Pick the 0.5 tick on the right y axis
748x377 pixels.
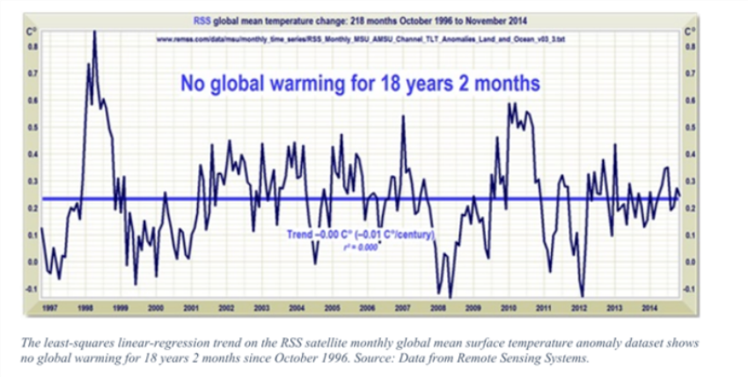[692, 127]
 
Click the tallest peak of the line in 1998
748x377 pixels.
[94, 33]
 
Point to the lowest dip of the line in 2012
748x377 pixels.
[583, 297]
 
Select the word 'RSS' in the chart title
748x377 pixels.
[202, 18]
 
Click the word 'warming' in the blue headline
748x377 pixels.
[340, 84]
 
